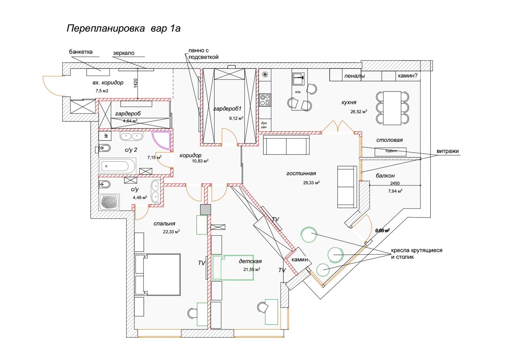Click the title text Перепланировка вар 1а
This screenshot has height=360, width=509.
click(123, 28)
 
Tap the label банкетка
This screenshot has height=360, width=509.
click(81, 52)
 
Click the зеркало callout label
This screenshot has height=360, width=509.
click(123, 53)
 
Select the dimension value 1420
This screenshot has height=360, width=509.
click(136, 83)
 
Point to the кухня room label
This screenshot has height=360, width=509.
click(349, 102)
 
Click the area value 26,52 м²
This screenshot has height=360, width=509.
click(358, 111)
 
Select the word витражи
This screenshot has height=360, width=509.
click(447, 151)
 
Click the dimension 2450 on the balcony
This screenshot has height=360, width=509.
click(394, 183)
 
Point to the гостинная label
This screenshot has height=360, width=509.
click(301, 173)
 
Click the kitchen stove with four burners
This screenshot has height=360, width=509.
click(265, 100)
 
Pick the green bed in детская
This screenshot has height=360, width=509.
click(233, 267)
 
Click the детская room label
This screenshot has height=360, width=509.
click(250, 261)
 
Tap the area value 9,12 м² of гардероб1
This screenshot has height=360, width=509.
click(236, 118)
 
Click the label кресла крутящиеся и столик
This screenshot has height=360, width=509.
click(417, 253)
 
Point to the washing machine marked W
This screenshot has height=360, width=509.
click(106, 136)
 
